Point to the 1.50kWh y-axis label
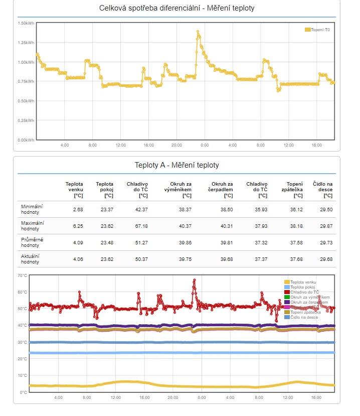(26, 24)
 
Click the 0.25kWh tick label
(26, 120)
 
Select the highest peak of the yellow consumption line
(198, 32)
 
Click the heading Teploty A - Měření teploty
(176, 165)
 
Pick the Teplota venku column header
(75, 189)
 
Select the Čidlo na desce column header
(322, 189)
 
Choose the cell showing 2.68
(78, 209)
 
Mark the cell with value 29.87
(325, 226)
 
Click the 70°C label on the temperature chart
(22, 275)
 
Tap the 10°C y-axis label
(22, 375)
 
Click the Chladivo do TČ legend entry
(304, 292)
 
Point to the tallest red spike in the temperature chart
(194, 281)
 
